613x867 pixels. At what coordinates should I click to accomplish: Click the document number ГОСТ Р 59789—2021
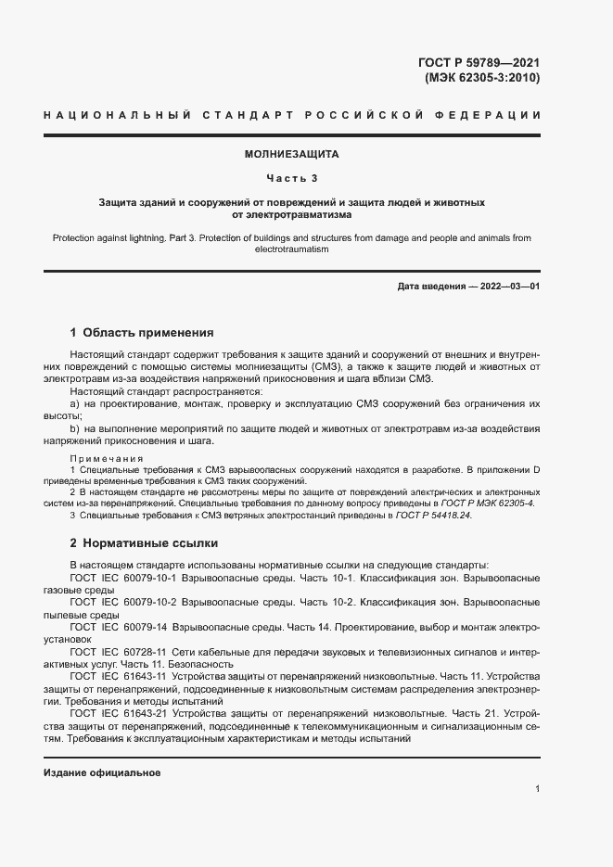[479, 62]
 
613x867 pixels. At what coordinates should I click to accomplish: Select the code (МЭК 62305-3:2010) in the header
[482, 78]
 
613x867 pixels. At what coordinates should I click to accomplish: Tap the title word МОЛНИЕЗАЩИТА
[292, 154]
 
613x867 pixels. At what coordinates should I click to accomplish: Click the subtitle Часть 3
[292, 177]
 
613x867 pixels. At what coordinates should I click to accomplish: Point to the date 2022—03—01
[506, 287]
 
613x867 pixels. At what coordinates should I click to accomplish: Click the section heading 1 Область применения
[142, 332]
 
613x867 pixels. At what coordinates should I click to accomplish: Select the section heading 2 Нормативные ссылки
[144, 543]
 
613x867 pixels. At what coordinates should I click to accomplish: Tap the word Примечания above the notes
[107, 459]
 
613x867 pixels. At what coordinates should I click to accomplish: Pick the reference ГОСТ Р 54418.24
[431, 516]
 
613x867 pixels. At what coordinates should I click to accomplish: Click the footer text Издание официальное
[102, 773]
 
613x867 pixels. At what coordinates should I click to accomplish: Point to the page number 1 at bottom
[537, 789]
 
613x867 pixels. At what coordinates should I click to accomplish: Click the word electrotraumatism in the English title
[292, 249]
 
